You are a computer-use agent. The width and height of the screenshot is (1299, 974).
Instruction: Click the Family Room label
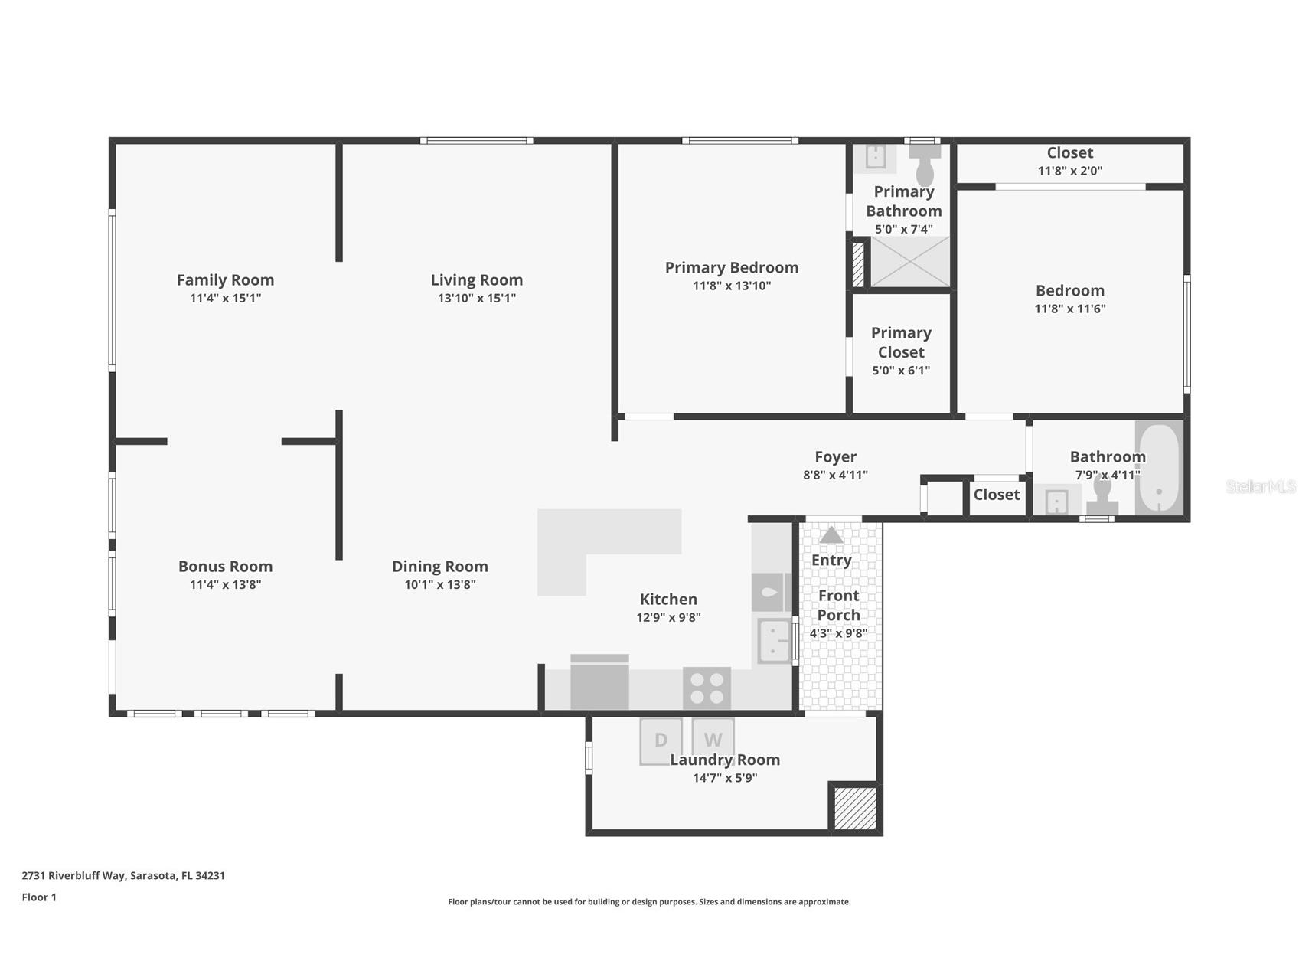point(225,280)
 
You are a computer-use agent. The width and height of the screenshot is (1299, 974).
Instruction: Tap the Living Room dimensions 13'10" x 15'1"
point(476,299)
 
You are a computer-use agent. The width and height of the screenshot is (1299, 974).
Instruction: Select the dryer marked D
point(661,740)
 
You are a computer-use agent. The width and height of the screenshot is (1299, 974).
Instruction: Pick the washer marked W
point(713,738)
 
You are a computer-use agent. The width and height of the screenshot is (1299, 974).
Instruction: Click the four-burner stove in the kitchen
point(707,688)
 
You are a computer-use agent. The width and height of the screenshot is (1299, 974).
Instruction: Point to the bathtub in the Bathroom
point(1159,469)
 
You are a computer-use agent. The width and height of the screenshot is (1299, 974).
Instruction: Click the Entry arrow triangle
point(831,535)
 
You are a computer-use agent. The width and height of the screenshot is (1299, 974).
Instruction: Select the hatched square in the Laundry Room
point(855,808)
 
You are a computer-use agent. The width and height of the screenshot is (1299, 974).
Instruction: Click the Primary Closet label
point(901,342)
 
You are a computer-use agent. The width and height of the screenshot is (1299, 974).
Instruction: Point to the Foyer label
point(835,457)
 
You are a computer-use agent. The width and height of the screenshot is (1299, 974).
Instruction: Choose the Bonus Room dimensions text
point(225,585)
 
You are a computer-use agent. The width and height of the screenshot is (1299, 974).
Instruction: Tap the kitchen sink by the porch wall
point(774,641)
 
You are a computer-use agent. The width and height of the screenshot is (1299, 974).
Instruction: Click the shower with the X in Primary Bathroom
point(909,261)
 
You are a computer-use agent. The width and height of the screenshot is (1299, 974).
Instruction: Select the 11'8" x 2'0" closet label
point(1069,171)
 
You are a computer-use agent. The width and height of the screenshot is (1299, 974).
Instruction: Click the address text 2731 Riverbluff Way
point(123,875)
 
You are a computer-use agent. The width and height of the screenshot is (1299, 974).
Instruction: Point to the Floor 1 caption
point(39,897)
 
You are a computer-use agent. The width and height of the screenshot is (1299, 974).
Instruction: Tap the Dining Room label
point(439,567)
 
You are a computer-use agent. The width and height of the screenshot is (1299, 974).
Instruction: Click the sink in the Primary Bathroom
point(875,157)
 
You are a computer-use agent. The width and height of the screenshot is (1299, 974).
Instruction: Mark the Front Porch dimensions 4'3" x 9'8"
point(838,634)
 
